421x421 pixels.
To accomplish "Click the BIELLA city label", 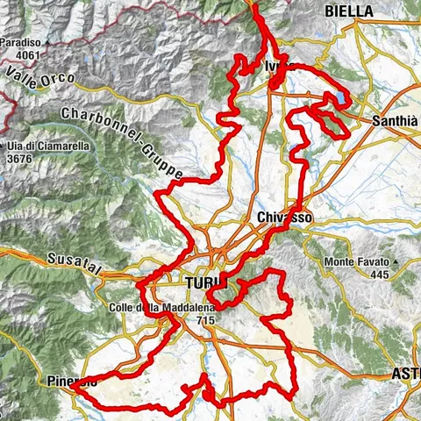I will click(x=349, y=11).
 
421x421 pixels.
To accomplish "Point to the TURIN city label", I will click(x=205, y=283).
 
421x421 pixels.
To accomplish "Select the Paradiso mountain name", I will click(x=23, y=42).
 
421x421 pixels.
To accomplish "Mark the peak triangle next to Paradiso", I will click(x=4, y=42).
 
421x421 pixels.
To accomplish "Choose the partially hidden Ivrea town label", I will click(x=273, y=67).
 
